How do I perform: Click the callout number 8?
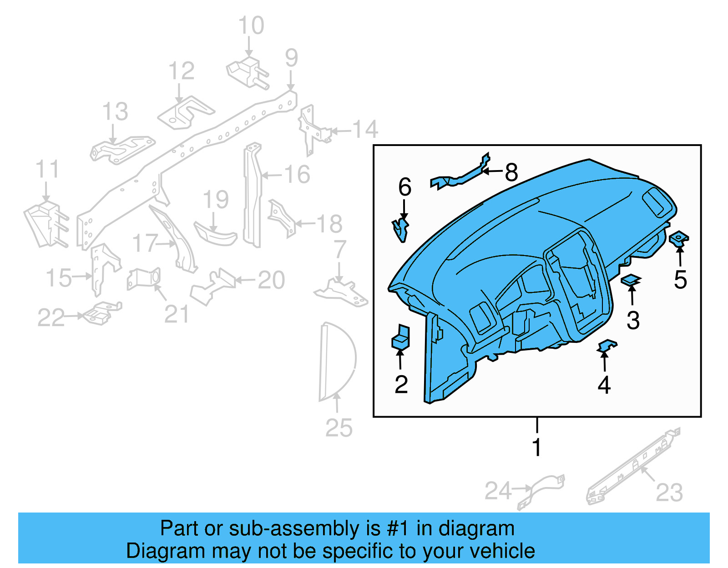click(x=511, y=172)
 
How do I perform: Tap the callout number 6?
click(x=404, y=187)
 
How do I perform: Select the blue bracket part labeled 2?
click(x=400, y=337)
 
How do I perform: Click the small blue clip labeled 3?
click(x=631, y=280)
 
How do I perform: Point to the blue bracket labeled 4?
click(x=607, y=346)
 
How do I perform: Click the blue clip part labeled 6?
click(x=400, y=229)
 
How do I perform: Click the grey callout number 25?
click(x=339, y=428)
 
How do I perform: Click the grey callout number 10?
click(x=251, y=25)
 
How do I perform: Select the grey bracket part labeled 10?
click(x=247, y=72)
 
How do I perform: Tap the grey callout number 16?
click(x=297, y=175)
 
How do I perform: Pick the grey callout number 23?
click(x=669, y=493)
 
